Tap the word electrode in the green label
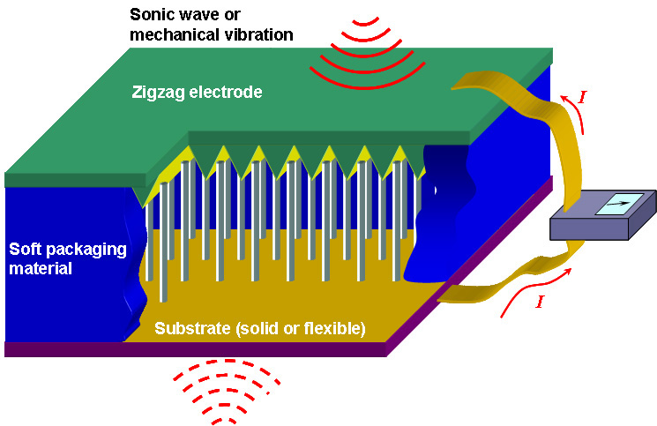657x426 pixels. pos(228,92)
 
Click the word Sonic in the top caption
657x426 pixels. pos(152,14)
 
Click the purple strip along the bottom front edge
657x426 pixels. pos(194,349)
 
